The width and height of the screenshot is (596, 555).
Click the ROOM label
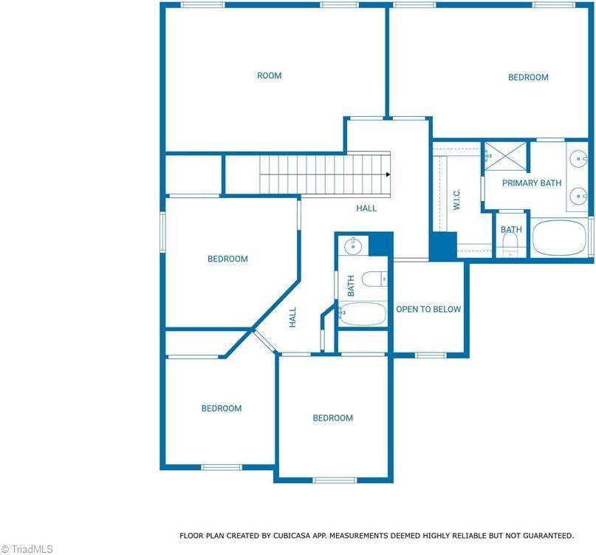point(269,75)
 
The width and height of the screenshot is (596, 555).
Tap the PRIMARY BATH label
point(532,183)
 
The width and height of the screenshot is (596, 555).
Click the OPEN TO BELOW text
point(428,309)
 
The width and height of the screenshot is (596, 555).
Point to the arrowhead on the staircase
point(388,175)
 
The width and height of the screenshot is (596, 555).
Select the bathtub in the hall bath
point(363,313)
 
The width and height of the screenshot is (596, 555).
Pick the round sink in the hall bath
point(354,245)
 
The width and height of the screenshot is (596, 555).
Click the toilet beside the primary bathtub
point(511,246)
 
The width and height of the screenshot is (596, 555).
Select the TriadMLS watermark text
point(27,548)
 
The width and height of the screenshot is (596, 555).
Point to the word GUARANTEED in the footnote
point(547,535)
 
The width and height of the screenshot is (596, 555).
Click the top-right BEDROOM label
point(528,77)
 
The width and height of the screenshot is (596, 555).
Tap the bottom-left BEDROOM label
point(222,408)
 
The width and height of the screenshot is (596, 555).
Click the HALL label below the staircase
point(366,208)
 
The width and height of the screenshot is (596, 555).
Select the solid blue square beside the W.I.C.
point(443,245)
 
